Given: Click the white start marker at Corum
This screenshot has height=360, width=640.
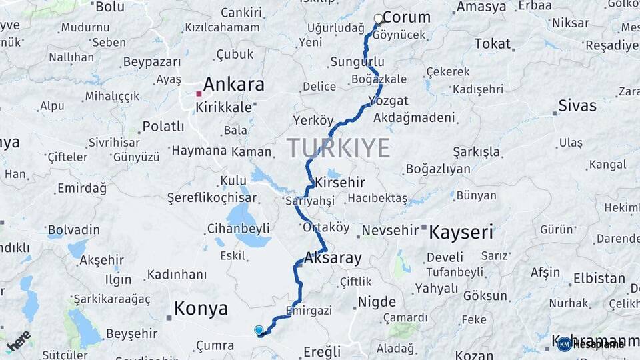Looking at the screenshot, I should click(x=379, y=19).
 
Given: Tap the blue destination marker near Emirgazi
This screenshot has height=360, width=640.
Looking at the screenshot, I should click(x=259, y=330).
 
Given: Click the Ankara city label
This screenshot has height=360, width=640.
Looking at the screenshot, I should click(x=233, y=85).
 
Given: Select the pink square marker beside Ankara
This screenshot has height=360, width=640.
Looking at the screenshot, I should click(x=198, y=94).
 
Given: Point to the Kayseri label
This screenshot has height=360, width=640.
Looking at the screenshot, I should click(x=461, y=232).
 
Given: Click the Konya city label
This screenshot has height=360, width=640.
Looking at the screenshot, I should click(x=201, y=309).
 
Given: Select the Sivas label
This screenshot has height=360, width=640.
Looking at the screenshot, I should click(x=577, y=105).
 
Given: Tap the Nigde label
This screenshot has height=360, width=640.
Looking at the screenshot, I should click(x=377, y=301).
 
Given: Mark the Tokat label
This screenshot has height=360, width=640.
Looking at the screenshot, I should click(x=492, y=44).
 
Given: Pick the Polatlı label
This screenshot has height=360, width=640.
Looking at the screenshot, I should click(x=163, y=126).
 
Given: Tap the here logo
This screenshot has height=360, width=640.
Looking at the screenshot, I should click(x=19, y=340).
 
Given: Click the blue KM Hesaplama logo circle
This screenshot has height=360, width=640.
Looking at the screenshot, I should click(x=565, y=344).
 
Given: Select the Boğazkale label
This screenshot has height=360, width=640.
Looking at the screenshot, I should click(x=379, y=79).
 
